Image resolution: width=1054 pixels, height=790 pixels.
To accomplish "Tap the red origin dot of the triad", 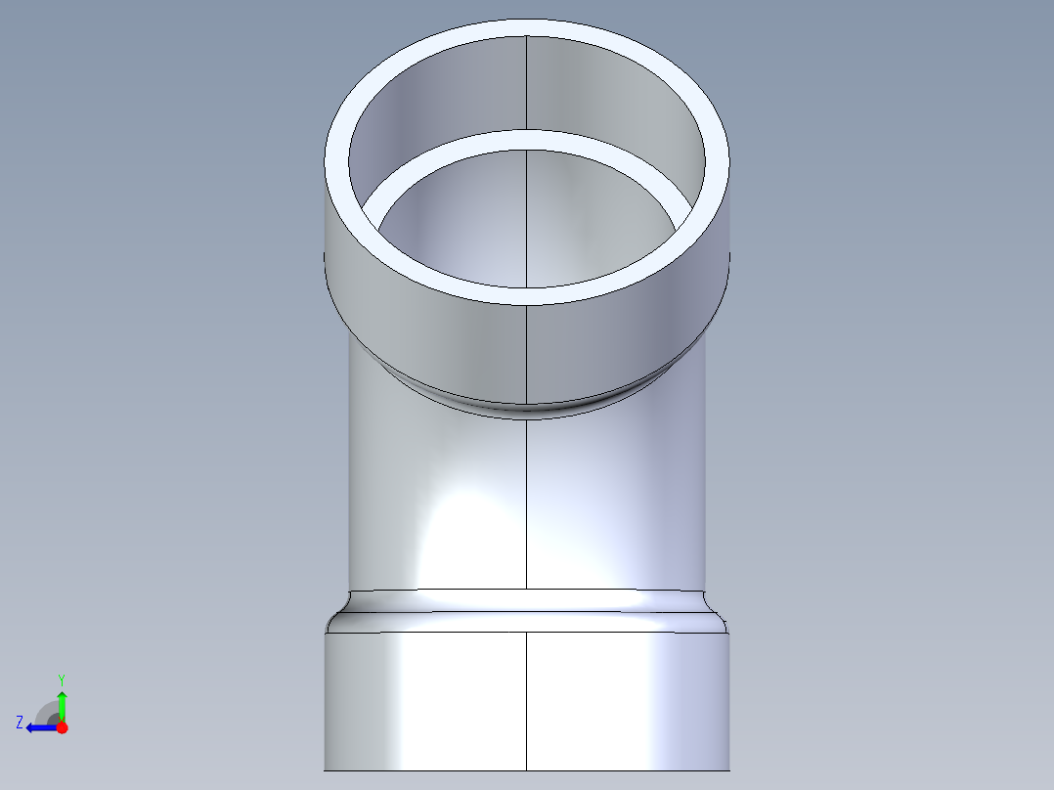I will point(62,727).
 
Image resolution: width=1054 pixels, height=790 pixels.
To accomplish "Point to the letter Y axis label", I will point(61,679).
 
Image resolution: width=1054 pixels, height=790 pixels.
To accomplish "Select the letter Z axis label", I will point(20,723).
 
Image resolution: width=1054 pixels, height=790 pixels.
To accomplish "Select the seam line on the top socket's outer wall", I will point(527,352).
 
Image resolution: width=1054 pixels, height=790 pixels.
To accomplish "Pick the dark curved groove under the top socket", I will point(527,408).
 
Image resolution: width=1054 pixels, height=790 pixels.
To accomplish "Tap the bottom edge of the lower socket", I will point(440,769).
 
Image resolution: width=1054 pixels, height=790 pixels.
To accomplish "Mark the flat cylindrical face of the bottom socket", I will point(626,699).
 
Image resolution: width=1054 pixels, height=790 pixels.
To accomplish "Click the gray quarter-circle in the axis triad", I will point(46,712).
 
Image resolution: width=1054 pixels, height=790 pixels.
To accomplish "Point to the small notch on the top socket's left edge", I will point(325,256).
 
